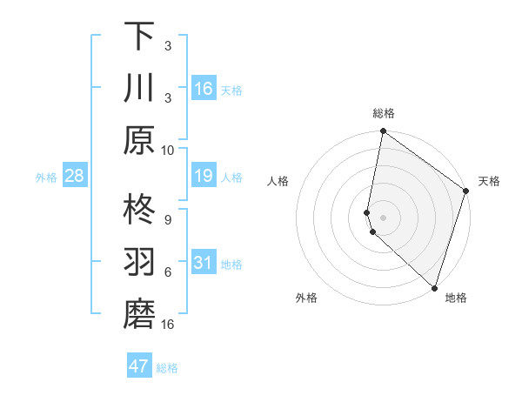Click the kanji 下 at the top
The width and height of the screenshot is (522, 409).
click(x=139, y=37)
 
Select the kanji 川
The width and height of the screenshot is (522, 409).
click(x=139, y=89)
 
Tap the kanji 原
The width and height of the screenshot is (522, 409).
click(x=139, y=140)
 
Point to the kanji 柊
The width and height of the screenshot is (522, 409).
click(x=139, y=210)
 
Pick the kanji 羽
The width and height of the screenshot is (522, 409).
click(x=139, y=264)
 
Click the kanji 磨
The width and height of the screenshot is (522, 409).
click(x=139, y=315)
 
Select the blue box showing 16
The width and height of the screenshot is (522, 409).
click(x=204, y=89)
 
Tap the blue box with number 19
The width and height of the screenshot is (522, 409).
click(x=204, y=177)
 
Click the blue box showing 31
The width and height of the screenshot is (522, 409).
click(x=204, y=264)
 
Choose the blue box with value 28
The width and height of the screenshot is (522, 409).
click(x=75, y=177)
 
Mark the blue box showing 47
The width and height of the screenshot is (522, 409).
click(x=139, y=366)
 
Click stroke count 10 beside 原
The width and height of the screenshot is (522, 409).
click(x=168, y=150)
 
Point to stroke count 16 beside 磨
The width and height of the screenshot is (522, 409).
click(x=168, y=325)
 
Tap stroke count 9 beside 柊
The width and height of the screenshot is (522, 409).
click(x=168, y=219)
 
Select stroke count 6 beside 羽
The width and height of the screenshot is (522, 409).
click(x=168, y=272)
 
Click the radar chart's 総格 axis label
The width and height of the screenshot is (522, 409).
click(x=384, y=113)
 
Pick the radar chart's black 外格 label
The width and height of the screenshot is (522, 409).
click(x=306, y=298)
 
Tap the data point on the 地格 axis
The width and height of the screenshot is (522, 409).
click(x=434, y=288)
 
